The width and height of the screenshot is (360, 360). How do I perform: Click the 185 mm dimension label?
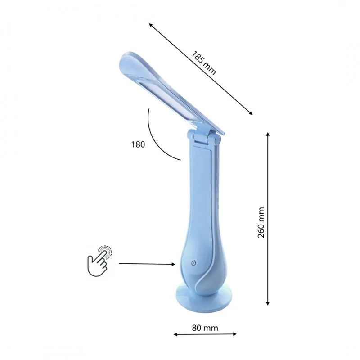coord(204,63)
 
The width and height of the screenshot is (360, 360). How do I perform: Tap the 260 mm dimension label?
coord(261,222)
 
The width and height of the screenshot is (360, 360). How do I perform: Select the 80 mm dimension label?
coord(205,328)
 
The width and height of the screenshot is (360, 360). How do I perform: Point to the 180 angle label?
coord(138,144)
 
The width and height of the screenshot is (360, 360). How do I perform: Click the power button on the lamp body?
coord(193,263)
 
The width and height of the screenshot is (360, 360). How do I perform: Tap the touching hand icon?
coord(99,261)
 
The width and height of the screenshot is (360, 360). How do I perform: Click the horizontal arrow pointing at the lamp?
coord(147,264)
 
